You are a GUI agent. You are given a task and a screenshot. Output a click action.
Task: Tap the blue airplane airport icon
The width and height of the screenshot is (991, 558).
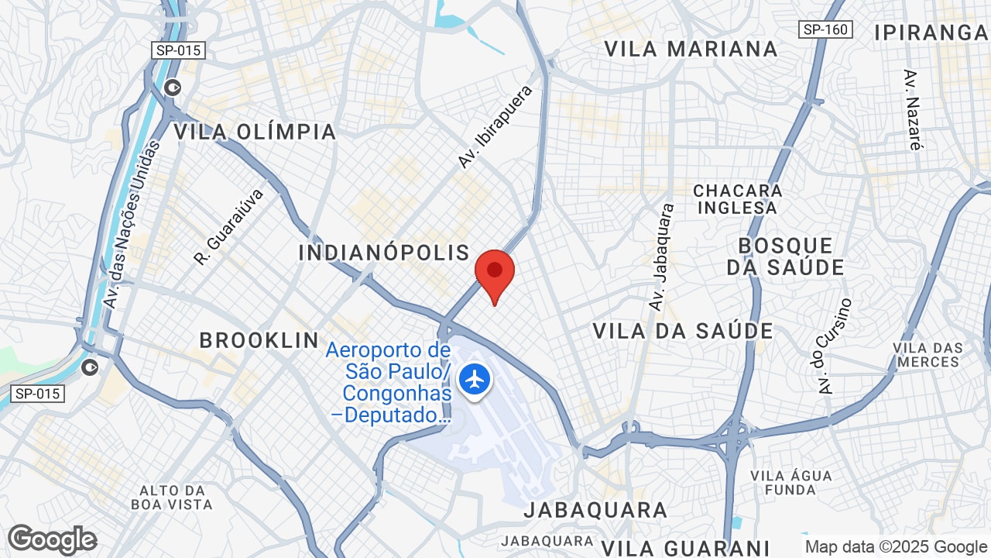[x=474, y=380]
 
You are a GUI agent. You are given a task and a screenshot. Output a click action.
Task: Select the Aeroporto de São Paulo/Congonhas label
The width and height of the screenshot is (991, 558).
[x=389, y=383]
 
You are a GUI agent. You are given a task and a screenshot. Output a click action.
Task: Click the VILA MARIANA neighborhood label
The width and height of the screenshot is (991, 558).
[x=691, y=49]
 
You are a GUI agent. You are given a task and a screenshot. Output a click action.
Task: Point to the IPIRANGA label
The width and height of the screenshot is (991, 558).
[x=931, y=33]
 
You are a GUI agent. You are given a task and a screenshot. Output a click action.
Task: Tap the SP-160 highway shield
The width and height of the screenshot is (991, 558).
[x=825, y=29]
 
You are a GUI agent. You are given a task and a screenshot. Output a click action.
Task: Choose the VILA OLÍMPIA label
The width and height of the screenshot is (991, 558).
[x=255, y=132]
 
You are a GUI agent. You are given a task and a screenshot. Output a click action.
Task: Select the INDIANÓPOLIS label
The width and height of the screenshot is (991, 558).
[x=384, y=253]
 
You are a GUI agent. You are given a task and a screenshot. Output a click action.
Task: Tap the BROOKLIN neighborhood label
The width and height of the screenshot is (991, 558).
[x=259, y=340]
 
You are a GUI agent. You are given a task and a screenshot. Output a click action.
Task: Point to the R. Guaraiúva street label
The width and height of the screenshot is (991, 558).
[x=229, y=226]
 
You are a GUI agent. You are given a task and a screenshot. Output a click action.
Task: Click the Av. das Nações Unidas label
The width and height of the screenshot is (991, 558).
[x=130, y=225]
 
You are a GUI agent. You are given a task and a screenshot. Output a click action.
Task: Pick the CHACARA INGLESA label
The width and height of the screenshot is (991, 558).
[x=738, y=199]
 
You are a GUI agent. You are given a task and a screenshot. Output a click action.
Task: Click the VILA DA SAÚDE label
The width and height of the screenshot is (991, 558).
[x=683, y=332]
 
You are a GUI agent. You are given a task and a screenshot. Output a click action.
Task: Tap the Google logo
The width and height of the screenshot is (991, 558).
[x=52, y=539]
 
